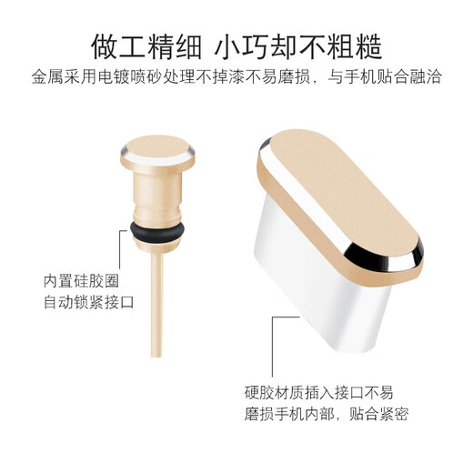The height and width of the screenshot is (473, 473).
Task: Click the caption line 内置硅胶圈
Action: [x=81, y=280]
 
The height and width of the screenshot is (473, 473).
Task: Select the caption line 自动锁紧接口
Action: [x=88, y=303]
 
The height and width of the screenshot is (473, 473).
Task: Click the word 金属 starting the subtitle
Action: [x=46, y=77]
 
